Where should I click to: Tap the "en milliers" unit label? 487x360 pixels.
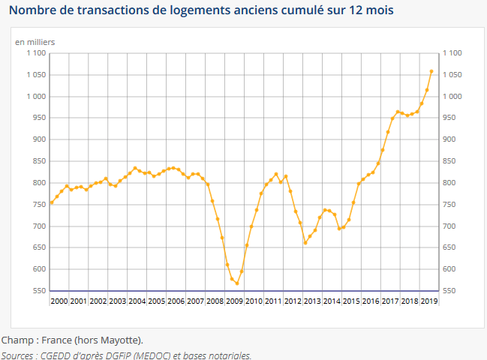coord(35,41)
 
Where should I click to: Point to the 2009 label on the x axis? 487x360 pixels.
coord(233,301)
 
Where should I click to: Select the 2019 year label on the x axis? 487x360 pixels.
coord(428,301)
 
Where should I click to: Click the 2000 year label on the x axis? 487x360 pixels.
coord(59,301)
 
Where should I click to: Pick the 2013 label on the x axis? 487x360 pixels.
coord(312,301)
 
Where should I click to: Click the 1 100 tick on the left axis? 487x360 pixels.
coord(36,53)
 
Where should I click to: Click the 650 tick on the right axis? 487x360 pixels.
coord(450,247)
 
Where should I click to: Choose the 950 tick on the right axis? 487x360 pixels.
coord(450,118)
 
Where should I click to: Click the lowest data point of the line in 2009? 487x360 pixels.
coord(236,283)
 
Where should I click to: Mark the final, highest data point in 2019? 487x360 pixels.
coord(431,71)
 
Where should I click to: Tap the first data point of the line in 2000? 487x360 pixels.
coord(52,202)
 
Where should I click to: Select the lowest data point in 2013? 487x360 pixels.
coord(305,242)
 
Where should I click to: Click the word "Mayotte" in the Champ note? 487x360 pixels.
coord(121,340)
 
